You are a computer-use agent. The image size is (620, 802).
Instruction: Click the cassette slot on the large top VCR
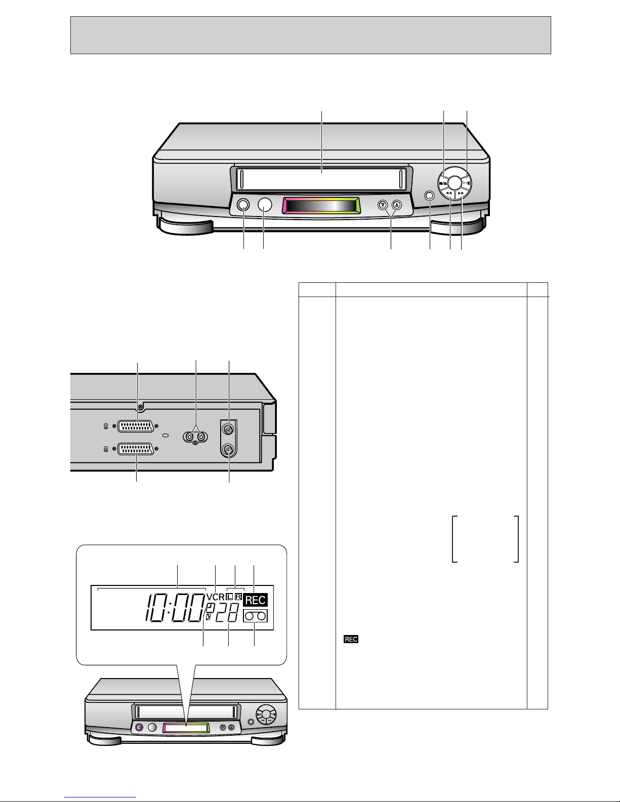(x=321, y=179)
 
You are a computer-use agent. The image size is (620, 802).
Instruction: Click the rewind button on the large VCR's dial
(x=448, y=193)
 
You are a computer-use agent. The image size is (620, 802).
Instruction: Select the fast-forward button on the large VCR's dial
(x=461, y=193)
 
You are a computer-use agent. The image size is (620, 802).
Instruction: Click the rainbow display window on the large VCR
(x=321, y=205)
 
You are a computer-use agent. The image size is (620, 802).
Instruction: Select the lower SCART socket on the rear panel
(x=136, y=449)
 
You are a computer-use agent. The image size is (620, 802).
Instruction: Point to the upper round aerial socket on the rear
(x=229, y=430)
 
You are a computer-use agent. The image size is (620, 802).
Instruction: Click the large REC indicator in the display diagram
(x=256, y=600)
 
